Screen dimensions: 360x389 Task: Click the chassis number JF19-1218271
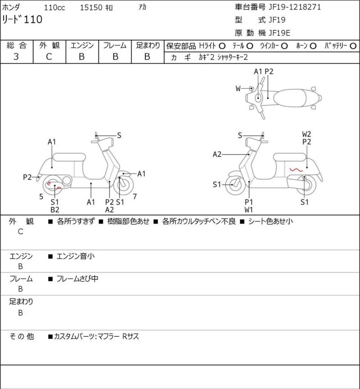tap(295, 7)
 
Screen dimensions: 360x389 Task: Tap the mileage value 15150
tap(91, 8)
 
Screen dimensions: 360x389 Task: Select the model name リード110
tap(22, 19)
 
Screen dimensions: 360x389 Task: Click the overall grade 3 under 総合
tap(16, 57)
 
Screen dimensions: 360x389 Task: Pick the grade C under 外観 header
tap(49, 57)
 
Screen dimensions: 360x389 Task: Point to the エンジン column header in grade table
tap(82, 45)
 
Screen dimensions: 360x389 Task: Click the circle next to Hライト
tap(222, 46)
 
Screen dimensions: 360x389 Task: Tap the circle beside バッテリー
tap(353, 46)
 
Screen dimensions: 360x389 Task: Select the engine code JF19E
tap(279, 33)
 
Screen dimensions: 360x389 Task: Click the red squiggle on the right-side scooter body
tap(296, 170)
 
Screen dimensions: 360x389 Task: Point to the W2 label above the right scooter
tap(306, 134)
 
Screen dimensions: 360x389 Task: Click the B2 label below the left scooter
tap(55, 210)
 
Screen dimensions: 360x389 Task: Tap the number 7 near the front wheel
tap(135, 197)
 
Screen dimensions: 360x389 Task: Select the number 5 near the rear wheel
tap(41, 197)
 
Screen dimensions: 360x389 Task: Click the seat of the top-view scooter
tap(290, 98)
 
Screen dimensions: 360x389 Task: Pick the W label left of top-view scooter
tap(238, 89)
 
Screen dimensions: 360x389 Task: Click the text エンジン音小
tap(76, 256)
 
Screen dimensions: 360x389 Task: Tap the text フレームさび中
tap(77, 279)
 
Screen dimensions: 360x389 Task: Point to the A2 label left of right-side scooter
tap(217, 154)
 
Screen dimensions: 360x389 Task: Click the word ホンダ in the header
tap(11, 7)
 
